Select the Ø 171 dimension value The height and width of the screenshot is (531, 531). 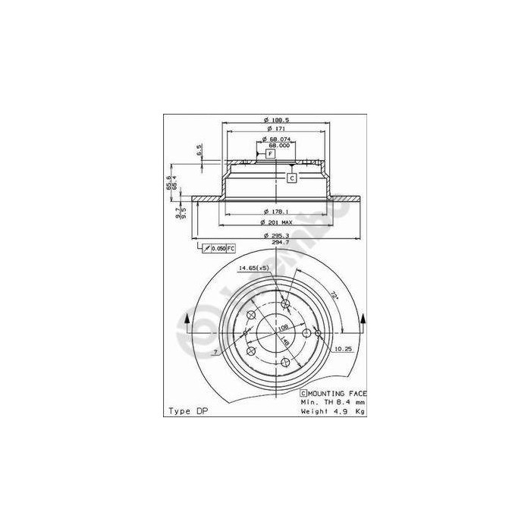tap(277, 130)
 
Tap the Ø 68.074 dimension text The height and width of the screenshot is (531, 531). tap(277, 140)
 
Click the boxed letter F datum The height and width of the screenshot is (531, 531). tap(270, 154)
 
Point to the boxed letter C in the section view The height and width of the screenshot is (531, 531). tap(291, 178)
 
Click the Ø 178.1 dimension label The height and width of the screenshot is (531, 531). tap(277, 211)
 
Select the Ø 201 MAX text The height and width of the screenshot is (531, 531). tap(277, 222)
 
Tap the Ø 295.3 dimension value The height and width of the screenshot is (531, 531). tap(277, 234)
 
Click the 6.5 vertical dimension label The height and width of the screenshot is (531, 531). tap(199, 149)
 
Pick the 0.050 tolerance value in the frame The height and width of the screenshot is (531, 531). tap(218, 249)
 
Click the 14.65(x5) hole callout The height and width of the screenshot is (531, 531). tap(253, 269)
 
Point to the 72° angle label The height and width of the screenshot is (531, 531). tap(335, 294)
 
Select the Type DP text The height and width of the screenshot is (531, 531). tap(187, 411)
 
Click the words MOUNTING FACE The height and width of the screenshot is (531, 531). tap(338, 394)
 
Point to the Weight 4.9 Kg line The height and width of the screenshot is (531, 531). tap(332, 411)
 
